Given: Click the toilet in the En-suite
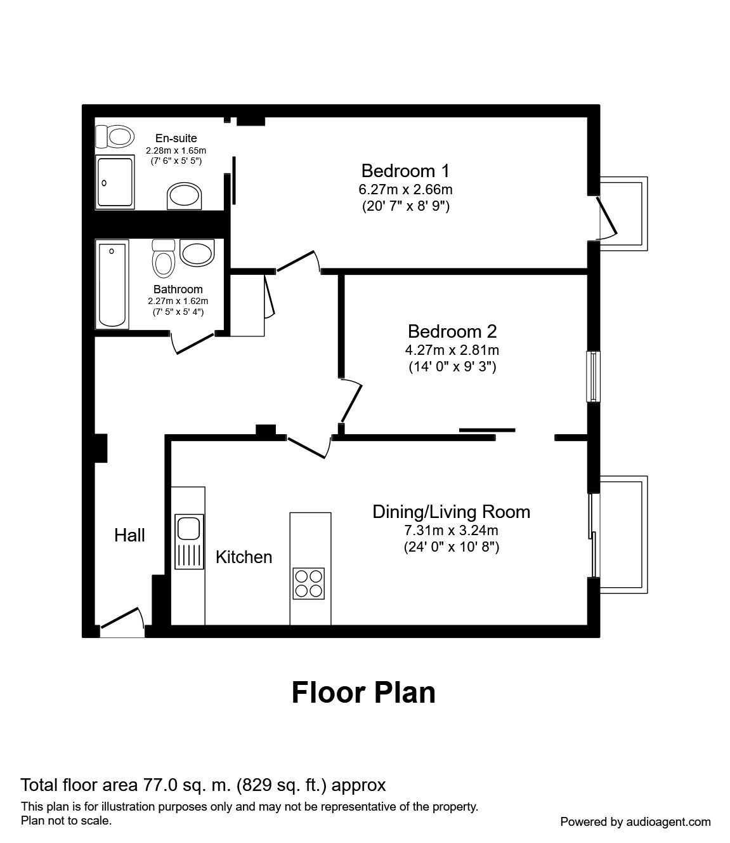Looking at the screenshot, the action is pyautogui.click(x=115, y=136).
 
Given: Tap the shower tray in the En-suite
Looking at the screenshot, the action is pyautogui.click(x=115, y=182).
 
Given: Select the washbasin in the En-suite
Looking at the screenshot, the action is pyautogui.click(x=185, y=196).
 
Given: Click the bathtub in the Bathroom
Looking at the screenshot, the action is pyautogui.click(x=112, y=284).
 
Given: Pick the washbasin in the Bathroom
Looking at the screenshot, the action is pyautogui.click(x=197, y=253).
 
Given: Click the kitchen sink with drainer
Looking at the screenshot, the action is pyautogui.click(x=189, y=541).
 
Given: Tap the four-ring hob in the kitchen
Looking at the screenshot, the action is pyautogui.click(x=308, y=583).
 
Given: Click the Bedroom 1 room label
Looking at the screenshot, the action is pyautogui.click(x=405, y=171).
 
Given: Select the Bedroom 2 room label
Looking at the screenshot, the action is pyautogui.click(x=452, y=331).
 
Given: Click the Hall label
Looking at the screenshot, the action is pyautogui.click(x=129, y=535).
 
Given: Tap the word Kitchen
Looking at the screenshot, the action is pyautogui.click(x=244, y=557).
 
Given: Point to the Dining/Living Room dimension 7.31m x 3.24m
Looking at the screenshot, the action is pyautogui.click(x=451, y=530).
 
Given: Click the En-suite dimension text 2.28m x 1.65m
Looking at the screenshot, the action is pyautogui.click(x=176, y=150).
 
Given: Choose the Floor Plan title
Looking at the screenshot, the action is pyautogui.click(x=363, y=693).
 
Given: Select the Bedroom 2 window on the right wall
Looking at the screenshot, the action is pyautogui.click(x=594, y=377).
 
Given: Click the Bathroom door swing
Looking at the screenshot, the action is pyautogui.click(x=192, y=343).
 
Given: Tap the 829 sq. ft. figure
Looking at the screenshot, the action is pyautogui.click(x=282, y=785).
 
